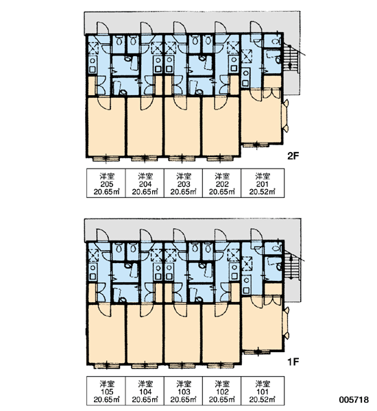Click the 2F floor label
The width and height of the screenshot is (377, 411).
[x=293, y=156]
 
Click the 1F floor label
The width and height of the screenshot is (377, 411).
[x=293, y=362]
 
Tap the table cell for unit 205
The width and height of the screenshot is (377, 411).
[x=106, y=183]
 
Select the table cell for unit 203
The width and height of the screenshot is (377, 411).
[x=183, y=183]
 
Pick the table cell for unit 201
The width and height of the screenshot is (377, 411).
[x=263, y=183]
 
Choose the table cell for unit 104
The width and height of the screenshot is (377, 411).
[x=145, y=391]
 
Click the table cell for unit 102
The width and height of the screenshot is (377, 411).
[x=221, y=391]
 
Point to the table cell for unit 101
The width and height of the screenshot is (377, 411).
[x=263, y=391]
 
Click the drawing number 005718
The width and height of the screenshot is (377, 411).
[x=354, y=400]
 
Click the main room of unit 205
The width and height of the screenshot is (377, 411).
[x=106, y=127]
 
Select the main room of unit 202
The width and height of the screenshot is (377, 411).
[x=221, y=127]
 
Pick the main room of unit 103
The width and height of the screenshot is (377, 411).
[x=182, y=334]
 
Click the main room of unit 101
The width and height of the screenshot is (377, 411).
[x=262, y=324]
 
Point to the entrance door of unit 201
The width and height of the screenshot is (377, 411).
[x=256, y=29]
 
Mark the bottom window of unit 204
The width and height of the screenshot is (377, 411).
[x=144, y=158]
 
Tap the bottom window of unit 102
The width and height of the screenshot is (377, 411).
[x=220, y=366]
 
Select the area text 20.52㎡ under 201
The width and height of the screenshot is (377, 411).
[x=263, y=192]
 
